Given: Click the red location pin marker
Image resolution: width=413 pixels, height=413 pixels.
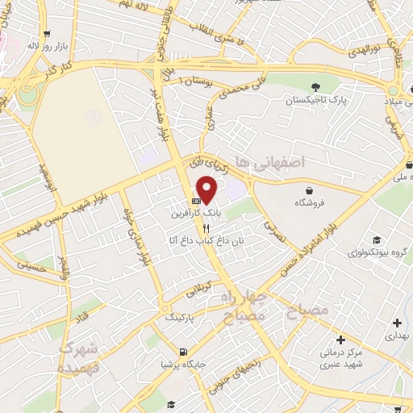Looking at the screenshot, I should point(208,188).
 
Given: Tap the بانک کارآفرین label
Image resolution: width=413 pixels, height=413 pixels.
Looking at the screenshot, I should point(194,215).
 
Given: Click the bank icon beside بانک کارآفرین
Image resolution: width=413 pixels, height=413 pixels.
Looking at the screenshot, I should point(195,202).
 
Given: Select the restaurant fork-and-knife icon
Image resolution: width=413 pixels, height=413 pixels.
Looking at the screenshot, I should point(194,228).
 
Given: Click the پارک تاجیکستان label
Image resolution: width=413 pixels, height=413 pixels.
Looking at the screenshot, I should point(315,101).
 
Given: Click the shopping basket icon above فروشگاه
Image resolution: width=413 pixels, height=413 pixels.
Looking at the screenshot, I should point(311,188).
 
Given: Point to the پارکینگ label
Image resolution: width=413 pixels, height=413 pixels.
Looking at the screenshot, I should point(180,319).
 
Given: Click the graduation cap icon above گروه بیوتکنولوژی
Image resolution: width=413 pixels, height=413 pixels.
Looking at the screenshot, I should point(377,239).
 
